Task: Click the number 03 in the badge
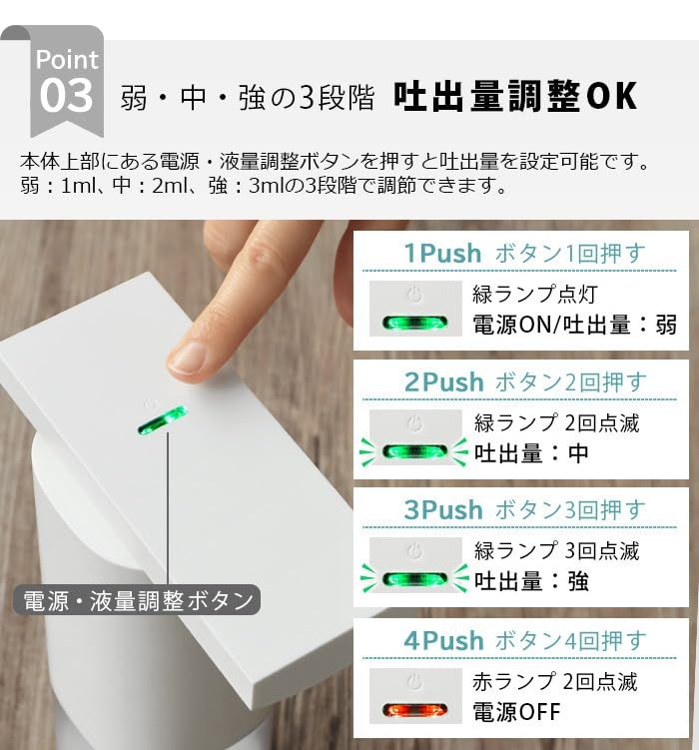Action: [66, 97]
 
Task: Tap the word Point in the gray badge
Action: [67, 59]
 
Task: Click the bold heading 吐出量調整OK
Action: [514, 97]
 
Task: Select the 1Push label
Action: [442, 254]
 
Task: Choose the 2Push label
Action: [443, 381]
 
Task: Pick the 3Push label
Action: [443, 509]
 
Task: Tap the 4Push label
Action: [443, 640]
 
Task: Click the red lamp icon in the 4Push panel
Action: [415, 710]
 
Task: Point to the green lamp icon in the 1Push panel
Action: [415, 323]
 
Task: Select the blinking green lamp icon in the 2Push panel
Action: [415, 451]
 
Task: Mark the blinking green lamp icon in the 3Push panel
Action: [415, 579]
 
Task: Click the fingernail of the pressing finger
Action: [189, 357]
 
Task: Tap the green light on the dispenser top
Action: [162, 419]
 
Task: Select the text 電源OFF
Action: [516, 712]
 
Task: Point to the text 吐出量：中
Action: [531, 453]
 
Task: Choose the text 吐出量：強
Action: [531, 581]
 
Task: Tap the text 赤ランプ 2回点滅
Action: [554, 682]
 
